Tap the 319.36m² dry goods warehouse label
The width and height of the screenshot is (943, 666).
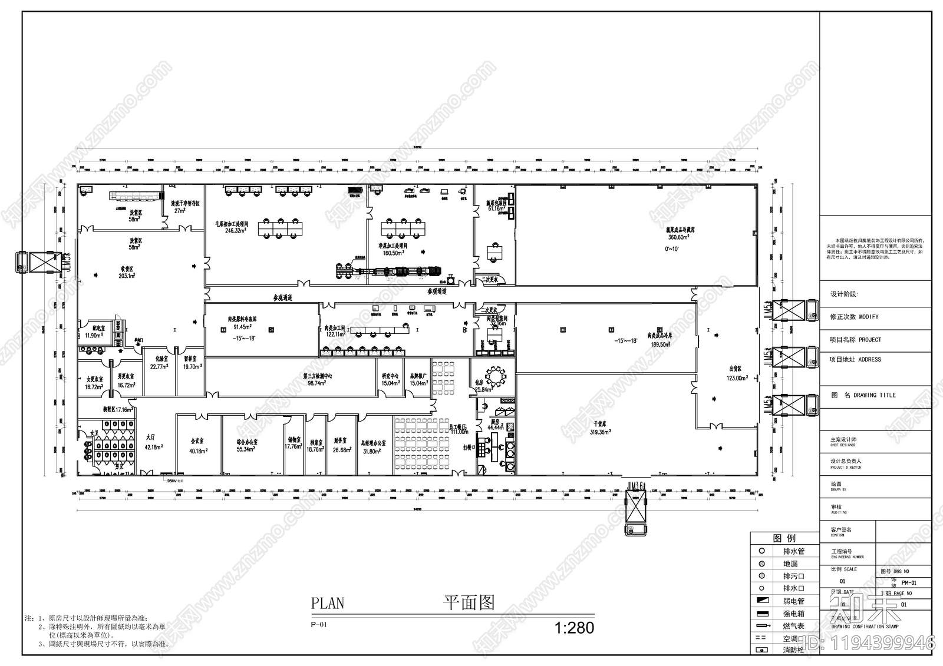pyautogui.click(x=602, y=432)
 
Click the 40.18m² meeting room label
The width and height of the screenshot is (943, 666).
pyautogui.click(x=197, y=451)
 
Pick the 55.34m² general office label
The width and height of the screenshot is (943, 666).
pyautogui.click(x=247, y=449)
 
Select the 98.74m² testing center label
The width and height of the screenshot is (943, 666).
pyautogui.click(x=316, y=383)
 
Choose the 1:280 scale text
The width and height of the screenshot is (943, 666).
pyautogui.click(x=575, y=628)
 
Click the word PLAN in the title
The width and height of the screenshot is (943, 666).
pyautogui.click(x=327, y=603)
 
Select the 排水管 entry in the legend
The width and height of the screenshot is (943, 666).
pyautogui.click(x=793, y=551)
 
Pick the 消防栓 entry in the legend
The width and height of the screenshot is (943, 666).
pyautogui.click(x=793, y=650)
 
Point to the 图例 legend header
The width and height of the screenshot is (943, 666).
pyautogui.click(x=784, y=538)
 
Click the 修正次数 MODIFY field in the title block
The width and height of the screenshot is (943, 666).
pyautogui.click(x=854, y=317)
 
